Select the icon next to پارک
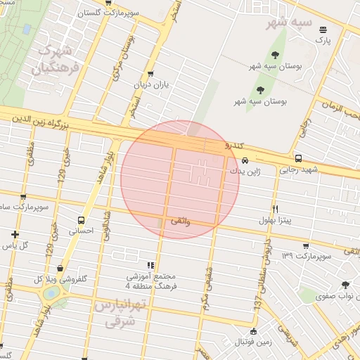click(323, 30)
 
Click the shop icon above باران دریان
click(150, 73)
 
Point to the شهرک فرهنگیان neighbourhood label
click(50, 60)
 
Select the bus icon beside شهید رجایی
click(299, 158)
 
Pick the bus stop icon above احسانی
click(82, 220)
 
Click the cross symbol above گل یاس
click(15, 234)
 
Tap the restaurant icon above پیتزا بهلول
click(275, 209)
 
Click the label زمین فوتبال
click(254, 342)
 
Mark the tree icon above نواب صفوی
click(345, 285)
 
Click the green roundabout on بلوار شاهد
click(51, 294)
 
